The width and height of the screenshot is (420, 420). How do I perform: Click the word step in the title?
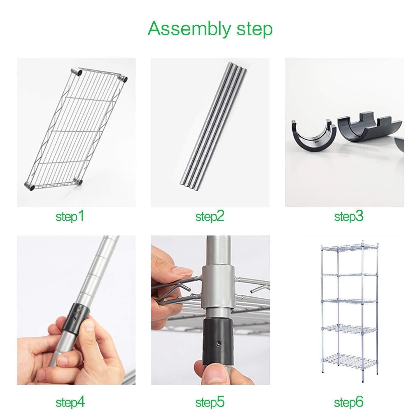[x=254, y=29]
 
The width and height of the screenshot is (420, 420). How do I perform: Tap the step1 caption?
[x=70, y=216]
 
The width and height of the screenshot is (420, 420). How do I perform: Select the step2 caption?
[x=210, y=216]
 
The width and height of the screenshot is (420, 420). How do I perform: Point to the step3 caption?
[x=349, y=216]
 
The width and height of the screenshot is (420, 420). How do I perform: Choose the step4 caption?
[x=70, y=403]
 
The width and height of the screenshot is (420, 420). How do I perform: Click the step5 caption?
[x=210, y=403]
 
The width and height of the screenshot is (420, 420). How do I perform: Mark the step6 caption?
[x=349, y=403]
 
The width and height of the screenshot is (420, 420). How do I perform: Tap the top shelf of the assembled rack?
[x=349, y=248]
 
